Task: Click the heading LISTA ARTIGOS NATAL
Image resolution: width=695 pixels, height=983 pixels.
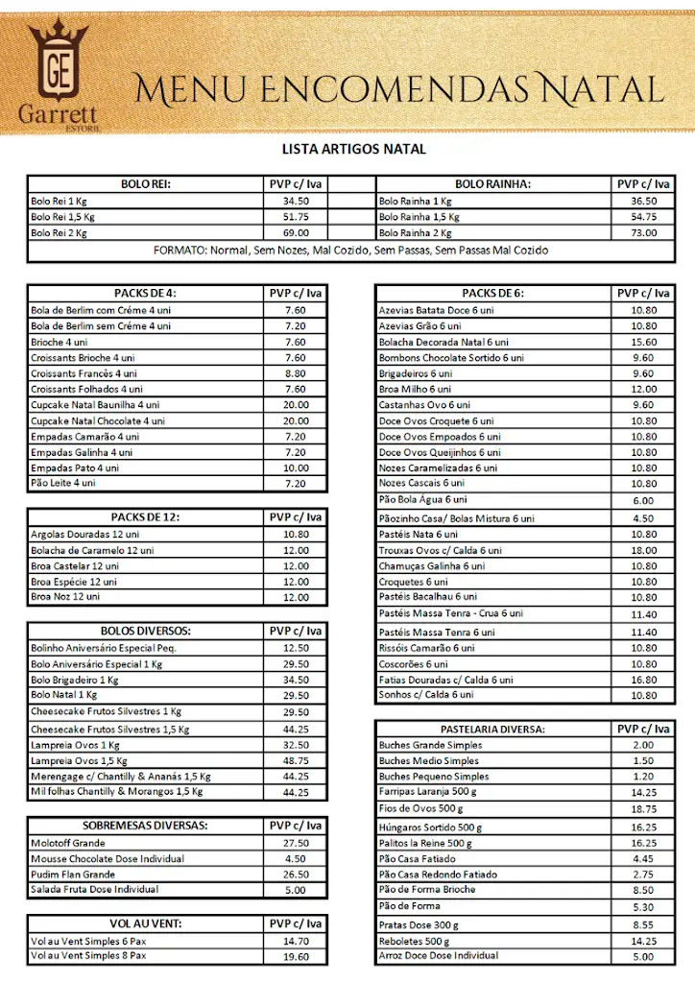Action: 353,150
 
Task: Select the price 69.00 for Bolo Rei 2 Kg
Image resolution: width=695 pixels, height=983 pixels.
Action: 296,233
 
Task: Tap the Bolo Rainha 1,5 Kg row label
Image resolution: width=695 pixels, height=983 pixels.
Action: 419,217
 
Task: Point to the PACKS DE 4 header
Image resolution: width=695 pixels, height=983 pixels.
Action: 145,294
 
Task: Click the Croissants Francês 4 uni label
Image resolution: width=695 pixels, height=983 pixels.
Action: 84,373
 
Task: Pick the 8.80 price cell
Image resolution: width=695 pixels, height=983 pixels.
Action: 296,373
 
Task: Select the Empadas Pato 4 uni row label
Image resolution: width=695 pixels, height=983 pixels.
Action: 75,468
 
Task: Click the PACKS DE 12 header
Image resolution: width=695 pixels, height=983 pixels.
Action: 145,517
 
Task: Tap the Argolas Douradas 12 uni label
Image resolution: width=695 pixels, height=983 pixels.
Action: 85,534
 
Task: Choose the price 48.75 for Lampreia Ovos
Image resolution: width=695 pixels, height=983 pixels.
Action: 296,761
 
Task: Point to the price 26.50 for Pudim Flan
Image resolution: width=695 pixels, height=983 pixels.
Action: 296,875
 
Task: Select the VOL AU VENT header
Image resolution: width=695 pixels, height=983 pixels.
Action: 145,924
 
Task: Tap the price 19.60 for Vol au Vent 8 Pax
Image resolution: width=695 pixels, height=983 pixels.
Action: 296,956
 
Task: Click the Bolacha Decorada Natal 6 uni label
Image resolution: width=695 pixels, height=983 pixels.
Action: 443,342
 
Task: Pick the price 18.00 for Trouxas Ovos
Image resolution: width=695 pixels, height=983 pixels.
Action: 643,551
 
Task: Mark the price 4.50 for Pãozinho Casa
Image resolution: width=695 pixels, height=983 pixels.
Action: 643,519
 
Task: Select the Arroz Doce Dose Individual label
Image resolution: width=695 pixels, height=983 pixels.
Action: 439,955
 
